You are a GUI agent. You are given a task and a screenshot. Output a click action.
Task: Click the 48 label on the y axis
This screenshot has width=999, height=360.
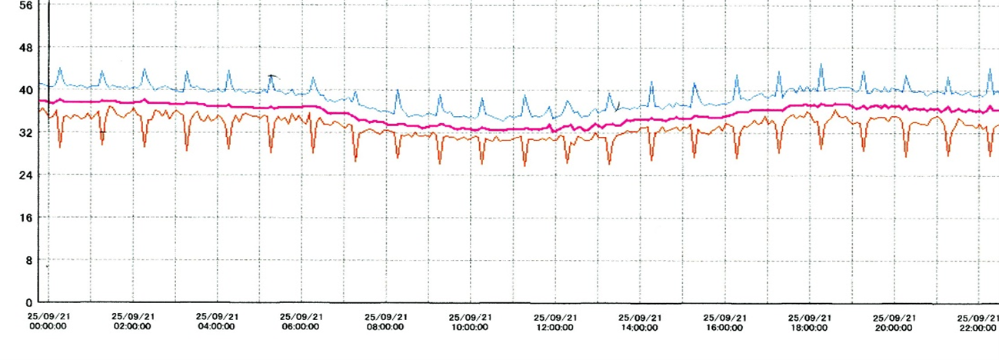(26, 48)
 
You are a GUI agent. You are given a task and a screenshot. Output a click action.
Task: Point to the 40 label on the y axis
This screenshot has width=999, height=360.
(26, 90)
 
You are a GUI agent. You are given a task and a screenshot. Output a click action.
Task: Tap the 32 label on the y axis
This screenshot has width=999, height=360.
(26, 132)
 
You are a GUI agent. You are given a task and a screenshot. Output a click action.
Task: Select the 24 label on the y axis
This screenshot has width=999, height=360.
(26, 175)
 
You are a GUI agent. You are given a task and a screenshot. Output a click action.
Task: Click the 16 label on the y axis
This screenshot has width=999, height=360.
(26, 218)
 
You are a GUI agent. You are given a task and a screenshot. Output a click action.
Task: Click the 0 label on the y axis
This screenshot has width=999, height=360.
(29, 302)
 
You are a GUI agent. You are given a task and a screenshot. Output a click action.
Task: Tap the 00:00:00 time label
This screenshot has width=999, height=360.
(48, 327)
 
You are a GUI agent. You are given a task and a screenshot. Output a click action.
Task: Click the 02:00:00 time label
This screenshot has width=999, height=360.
(132, 327)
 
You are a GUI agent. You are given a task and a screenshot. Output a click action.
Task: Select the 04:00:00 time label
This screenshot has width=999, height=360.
(217, 327)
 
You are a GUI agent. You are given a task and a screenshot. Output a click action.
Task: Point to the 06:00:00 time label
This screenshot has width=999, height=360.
(301, 327)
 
